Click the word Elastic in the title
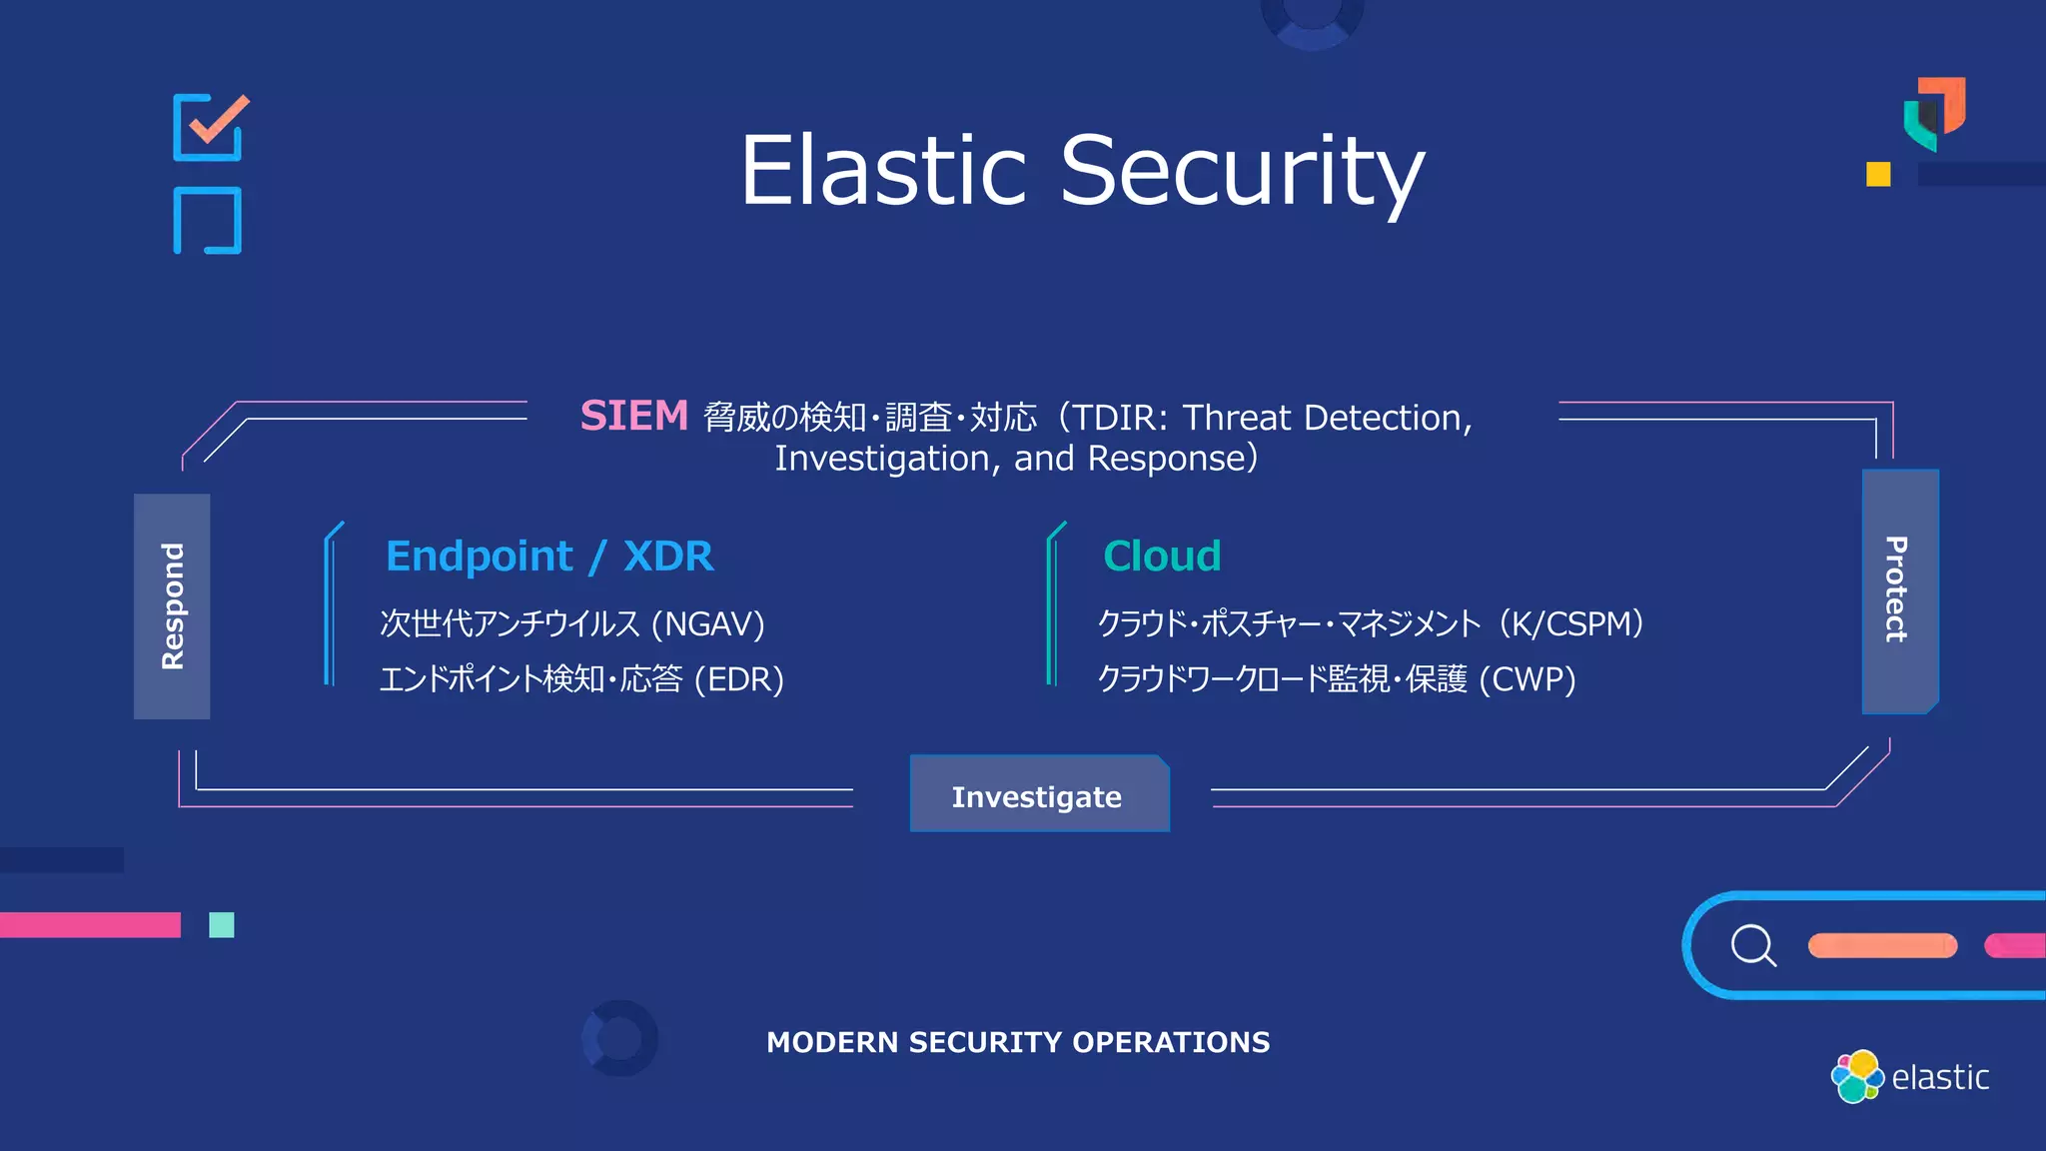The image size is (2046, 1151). click(883, 171)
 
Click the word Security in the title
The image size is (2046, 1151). click(1242, 171)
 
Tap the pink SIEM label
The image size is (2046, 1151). click(634, 416)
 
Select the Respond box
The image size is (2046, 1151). click(172, 606)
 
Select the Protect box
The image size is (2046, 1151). click(1899, 590)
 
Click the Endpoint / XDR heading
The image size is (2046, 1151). click(549, 556)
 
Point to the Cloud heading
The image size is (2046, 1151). click(1162, 556)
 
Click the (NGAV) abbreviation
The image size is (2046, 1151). click(707, 624)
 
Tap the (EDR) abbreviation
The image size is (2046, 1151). click(739, 680)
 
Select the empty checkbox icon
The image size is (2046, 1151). click(208, 220)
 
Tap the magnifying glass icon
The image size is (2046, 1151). click(1753, 945)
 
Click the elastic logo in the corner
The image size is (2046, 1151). click(1909, 1076)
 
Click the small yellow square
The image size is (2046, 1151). click(1878, 174)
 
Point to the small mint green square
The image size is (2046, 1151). click(222, 925)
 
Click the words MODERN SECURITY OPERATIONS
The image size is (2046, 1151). click(1018, 1042)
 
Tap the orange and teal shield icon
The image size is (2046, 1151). click(1934, 113)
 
